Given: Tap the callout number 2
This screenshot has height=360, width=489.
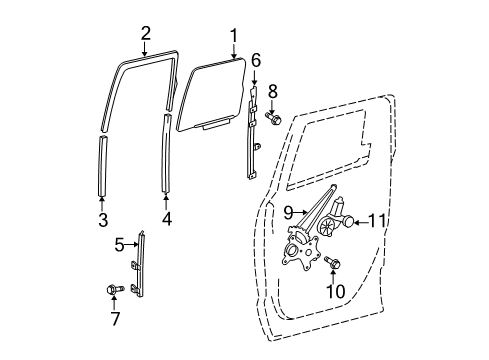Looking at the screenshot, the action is click(x=145, y=33).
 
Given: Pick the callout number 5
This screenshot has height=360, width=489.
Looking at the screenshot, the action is click(x=119, y=243).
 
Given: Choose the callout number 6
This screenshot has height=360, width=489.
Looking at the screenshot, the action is click(x=256, y=61).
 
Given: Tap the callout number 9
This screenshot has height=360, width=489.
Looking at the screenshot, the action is click(x=289, y=211).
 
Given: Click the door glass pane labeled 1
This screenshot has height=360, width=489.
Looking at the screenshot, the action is click(x=211, y=95).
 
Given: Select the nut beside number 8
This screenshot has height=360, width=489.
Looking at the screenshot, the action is click(x=275, y=120).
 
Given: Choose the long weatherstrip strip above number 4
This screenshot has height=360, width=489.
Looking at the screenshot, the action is click(x=165, y=150).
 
